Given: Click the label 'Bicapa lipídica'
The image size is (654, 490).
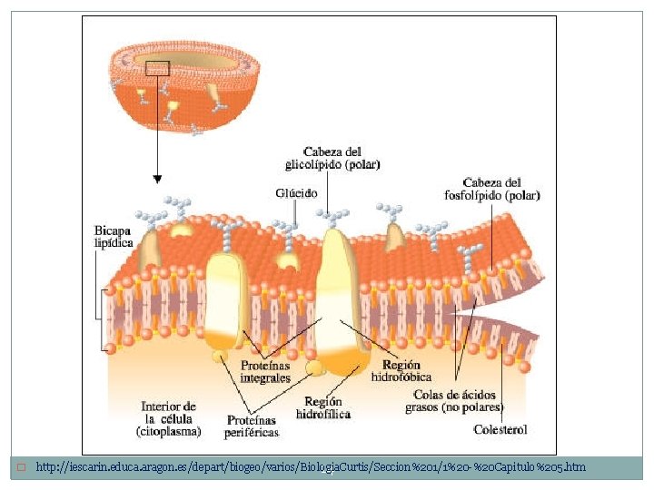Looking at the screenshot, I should coord(114,236).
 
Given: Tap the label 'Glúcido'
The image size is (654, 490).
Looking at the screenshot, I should coord(296,192).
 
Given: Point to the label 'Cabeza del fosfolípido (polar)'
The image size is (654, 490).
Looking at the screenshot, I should coord(501,188).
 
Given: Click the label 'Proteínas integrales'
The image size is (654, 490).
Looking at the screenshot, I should coord(265,371).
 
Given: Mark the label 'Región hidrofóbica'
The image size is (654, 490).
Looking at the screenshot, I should coord(401,370).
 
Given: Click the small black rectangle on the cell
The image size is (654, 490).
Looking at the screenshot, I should coord(157,67).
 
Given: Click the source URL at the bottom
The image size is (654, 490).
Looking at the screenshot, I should coord(311,467).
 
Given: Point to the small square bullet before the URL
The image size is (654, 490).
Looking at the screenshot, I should coord(20,467).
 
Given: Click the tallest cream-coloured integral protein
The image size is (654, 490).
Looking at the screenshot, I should coord(337,290).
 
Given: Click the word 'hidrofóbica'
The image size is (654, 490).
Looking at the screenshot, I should coord(401,377).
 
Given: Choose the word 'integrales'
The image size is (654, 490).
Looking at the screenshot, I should coord(265,377).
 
